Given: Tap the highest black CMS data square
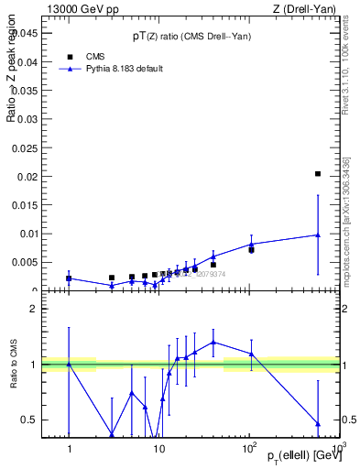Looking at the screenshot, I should coord(318,173).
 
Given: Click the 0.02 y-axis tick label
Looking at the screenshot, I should coord(28,176).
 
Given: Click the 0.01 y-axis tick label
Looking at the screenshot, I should coord(28,234).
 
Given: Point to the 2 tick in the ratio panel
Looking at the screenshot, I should coord(34,309).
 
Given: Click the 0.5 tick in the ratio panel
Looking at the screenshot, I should coord(29,420).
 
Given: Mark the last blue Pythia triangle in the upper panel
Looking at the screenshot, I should coord(318,234).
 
